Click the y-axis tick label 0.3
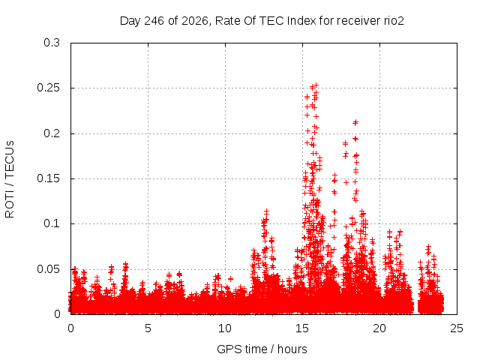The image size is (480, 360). tap(52, 43)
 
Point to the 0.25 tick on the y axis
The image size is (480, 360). tap(48, 88)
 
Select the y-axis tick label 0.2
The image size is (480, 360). tap(52, 133)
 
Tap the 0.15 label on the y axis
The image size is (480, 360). tap(48, 178)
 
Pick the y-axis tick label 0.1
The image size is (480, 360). tap(52, 223)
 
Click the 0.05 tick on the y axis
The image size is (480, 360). tap(48, 269)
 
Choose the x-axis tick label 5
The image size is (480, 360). tap(148, 328)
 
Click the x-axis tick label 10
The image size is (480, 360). tap(225, 328)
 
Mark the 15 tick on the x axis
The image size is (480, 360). tap(302, 328)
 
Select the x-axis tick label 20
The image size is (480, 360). tap(379, 328)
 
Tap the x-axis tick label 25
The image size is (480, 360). tap(457, 328)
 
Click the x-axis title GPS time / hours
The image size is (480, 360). tap(262, 349)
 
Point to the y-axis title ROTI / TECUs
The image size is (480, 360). tap(10, 179)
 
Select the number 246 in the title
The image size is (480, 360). tap(154, 21)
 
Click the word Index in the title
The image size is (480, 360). tap(301, 21)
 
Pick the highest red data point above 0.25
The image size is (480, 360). tap(316, 85)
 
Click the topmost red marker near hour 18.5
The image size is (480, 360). tap(355, 122)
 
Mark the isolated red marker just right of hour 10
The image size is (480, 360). tap(230, 279)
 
